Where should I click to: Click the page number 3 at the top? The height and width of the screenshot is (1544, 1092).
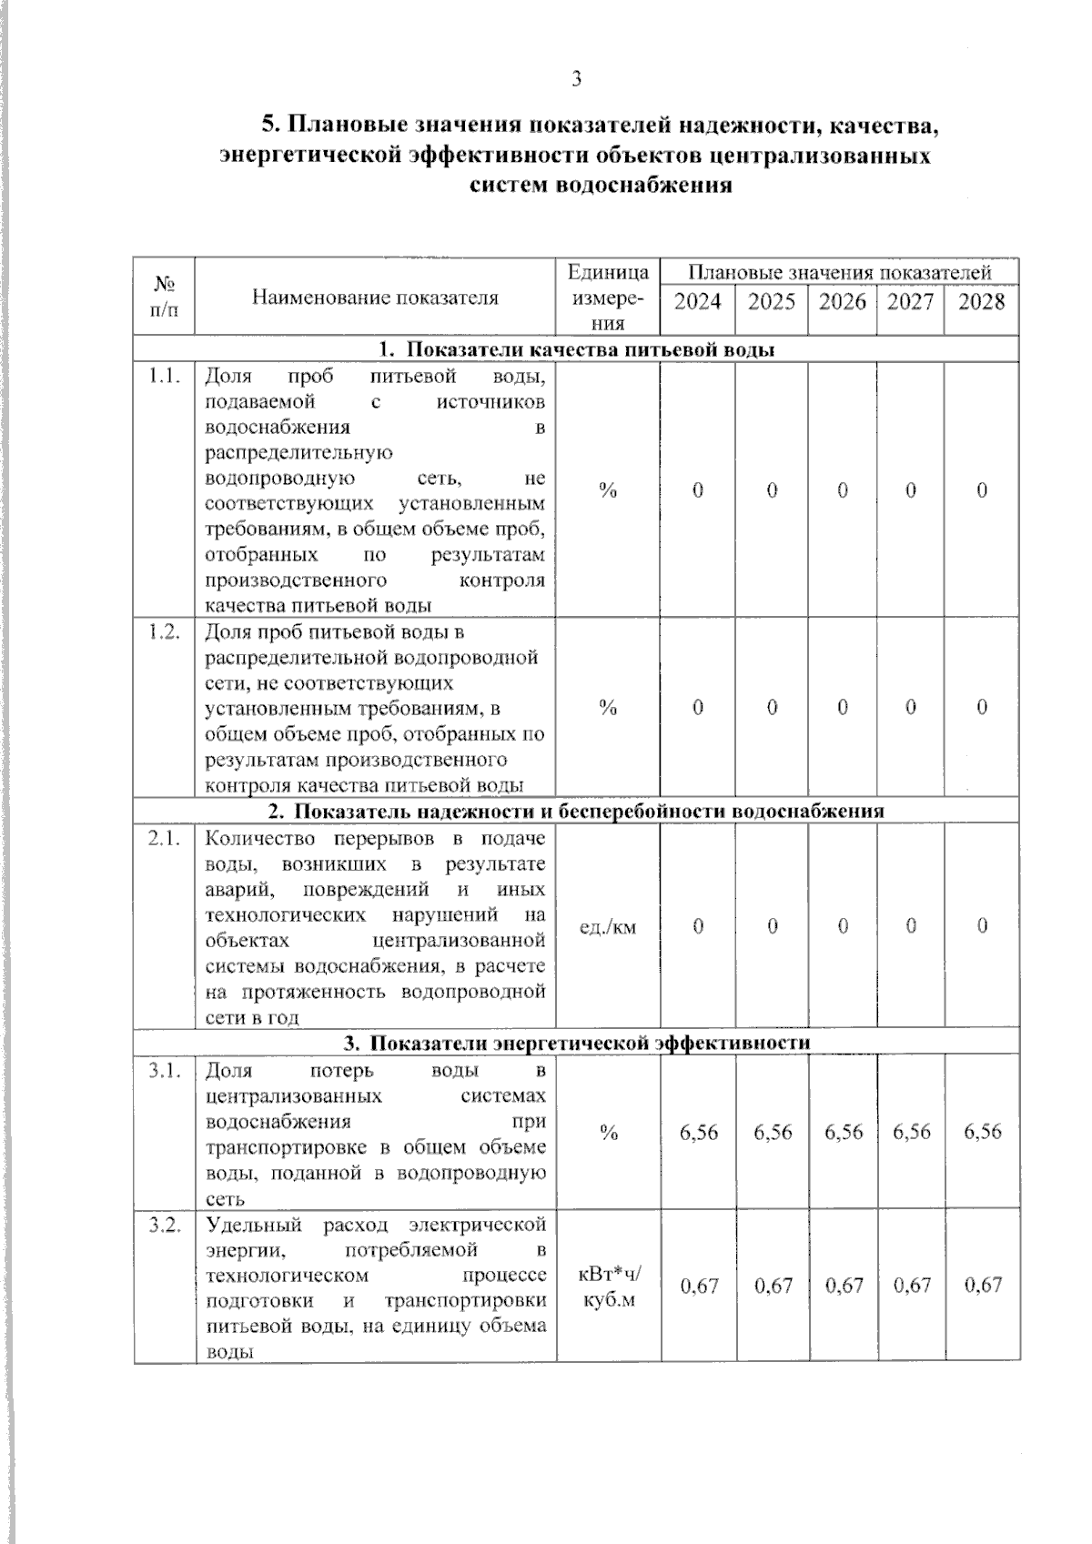coord(576,79)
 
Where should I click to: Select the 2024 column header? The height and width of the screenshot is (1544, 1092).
coord(697,302)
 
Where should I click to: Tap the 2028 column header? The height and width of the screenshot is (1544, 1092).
coord(981,302)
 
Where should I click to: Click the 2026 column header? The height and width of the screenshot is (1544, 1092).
coord(842,302)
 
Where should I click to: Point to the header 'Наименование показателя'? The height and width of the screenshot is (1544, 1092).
coord(375,298)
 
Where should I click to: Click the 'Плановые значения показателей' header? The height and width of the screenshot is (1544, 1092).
coord(839,272)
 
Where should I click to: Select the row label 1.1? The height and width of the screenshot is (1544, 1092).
coord(165,376)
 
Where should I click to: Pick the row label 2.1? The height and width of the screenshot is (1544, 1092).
coord(165,838)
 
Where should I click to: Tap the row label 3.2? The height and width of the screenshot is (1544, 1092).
coord(165,1224)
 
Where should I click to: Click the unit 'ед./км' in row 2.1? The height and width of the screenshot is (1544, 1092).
coord(608,927)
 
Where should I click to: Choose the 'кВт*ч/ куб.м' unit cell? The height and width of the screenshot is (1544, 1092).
coord(609,1287)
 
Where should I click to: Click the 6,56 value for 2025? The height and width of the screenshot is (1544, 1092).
coord(772,1132)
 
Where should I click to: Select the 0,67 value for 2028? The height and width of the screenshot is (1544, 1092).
coord(982,1286)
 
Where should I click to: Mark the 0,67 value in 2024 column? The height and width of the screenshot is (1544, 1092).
coord(699,1286)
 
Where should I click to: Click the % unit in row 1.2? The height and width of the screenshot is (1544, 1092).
coord(608,708)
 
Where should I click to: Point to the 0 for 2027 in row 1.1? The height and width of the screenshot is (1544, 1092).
coord(910,490)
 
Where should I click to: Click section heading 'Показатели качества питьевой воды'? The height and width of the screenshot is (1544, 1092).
coord(576,349)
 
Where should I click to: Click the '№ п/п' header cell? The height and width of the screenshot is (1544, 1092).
coord(165,297)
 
